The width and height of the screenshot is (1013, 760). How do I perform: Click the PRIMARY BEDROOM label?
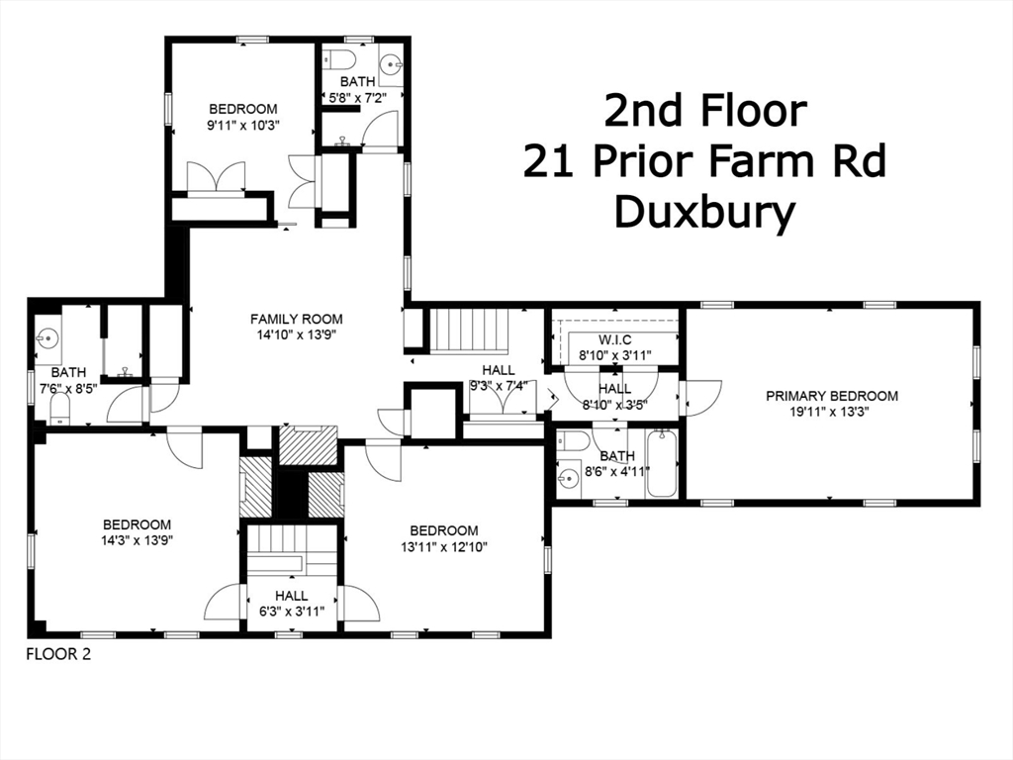pyautogui.click(x=832, y=396)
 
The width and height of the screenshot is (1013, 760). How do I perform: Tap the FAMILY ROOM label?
pyautogui.click(x=296, y=319)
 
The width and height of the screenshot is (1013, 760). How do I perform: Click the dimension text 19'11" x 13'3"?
pyautogui.click(x=832, y=413)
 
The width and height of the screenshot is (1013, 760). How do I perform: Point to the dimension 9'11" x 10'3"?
pyautogui.click(x=242, y=126)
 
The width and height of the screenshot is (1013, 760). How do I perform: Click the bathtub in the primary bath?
pyautogui.click(x=664, y=464)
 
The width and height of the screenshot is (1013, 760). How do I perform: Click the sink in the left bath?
pyautogui.click(x=47, y=339)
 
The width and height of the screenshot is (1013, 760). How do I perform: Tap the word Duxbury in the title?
pyautogui.click(x=703, y=213)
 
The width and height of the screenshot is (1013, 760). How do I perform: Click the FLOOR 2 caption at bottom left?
pyautogui.click(x=57, y=653)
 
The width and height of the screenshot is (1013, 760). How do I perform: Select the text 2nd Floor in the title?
pyautogui.click(x=704, y=111)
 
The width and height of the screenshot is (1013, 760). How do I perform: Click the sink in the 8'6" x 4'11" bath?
pyautogui.click(x=568, y=480)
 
